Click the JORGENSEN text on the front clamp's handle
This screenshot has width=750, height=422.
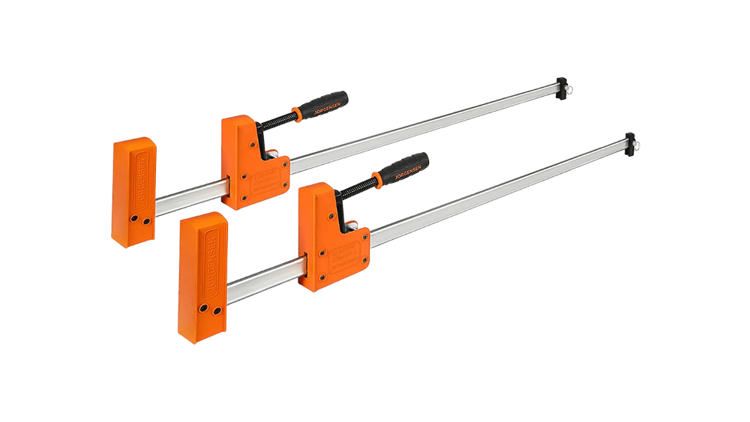(393, 172)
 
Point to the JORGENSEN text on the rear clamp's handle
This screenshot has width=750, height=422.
(313, 108)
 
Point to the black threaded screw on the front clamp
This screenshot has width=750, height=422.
(358, 187)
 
